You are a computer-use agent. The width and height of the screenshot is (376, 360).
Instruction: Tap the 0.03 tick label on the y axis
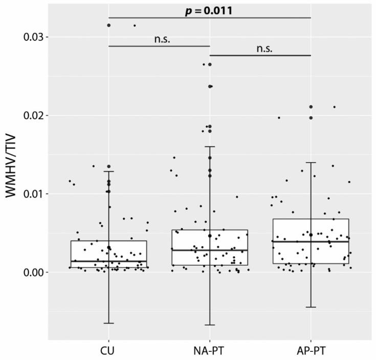tap(31, 37)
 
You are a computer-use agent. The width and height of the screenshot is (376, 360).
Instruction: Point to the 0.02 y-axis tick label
tap(31, 115)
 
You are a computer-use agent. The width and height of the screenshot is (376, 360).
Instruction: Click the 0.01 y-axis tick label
tap(31, 194)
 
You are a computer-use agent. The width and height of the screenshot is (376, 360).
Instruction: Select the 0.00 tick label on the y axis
tap(31, 272)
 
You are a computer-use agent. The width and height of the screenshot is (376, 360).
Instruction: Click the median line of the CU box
tap(108, 261)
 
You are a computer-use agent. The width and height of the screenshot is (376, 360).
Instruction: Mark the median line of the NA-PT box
tap(209, 250)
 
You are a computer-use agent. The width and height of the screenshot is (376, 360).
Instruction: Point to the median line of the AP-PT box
tap(311, 241)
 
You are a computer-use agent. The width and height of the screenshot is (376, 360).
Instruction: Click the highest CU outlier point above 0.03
tap(108, 25)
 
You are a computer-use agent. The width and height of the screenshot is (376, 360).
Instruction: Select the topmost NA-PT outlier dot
tap(210, 65)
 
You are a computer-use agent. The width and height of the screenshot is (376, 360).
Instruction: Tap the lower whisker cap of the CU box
tap(108, 323)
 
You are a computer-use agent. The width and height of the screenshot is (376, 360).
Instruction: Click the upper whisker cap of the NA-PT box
tap(209, 146)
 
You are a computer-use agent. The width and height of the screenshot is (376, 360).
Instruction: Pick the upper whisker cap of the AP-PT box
tap(311, 162)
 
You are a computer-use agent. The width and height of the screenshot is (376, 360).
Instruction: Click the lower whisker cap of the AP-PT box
tap(311, 307)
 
